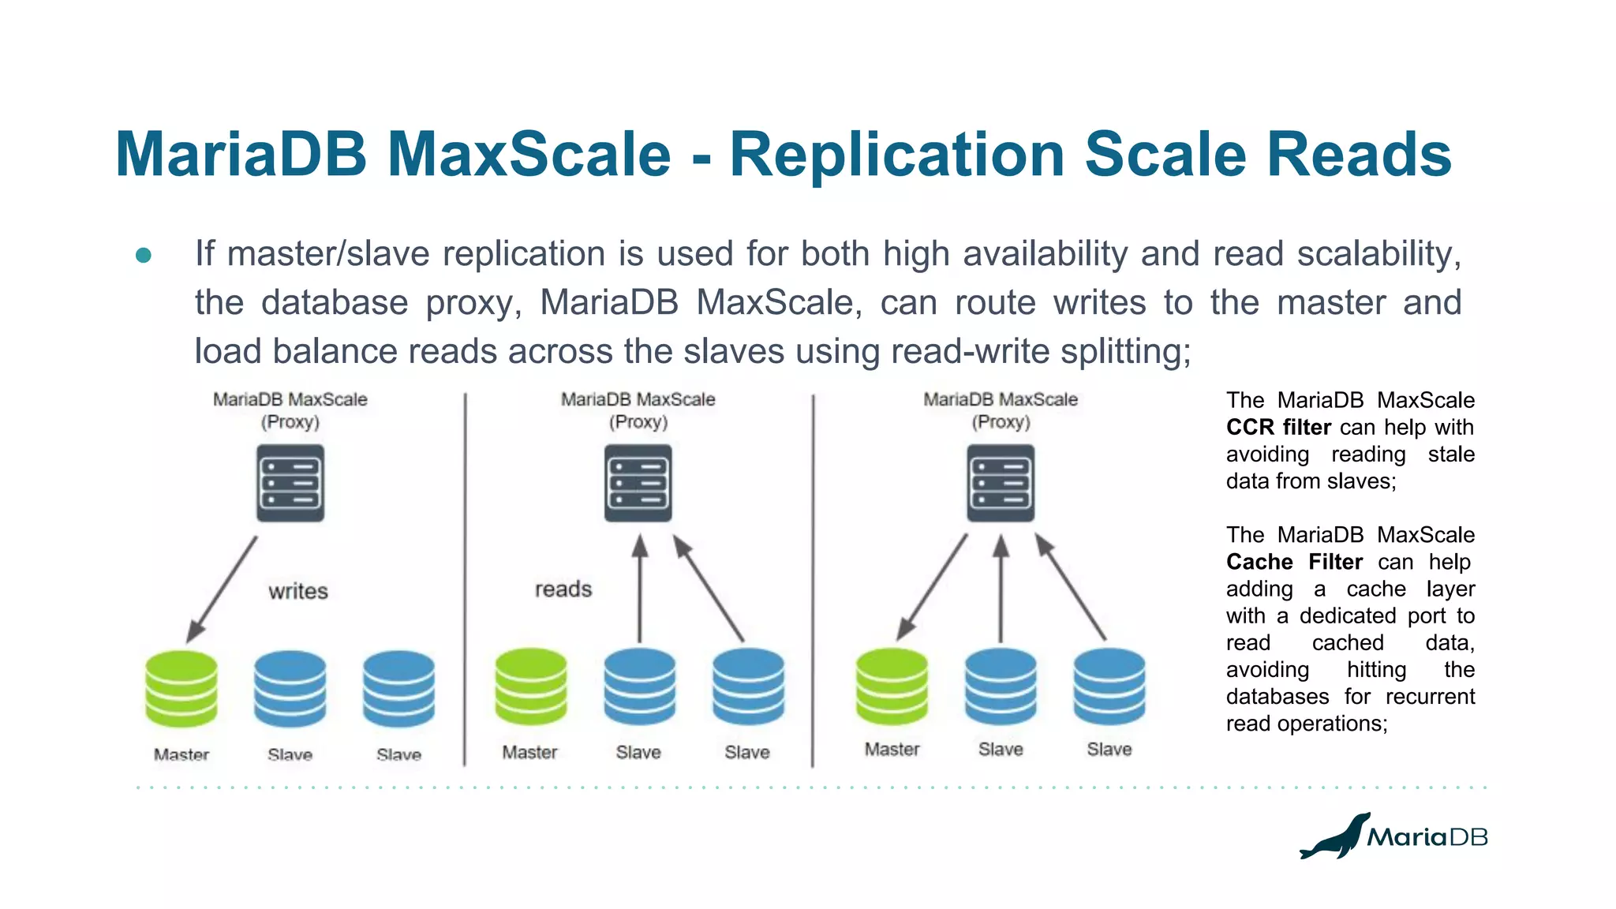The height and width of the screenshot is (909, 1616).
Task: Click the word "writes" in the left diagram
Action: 297,591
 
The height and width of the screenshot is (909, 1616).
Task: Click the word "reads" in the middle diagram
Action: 563,589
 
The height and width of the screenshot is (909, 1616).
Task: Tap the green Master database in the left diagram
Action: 181,688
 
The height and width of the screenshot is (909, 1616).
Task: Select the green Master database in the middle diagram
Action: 530,686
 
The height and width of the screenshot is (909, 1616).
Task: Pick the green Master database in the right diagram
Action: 892,686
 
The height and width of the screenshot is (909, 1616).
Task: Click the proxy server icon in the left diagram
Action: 290,483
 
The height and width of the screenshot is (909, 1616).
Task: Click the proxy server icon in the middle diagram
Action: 638,483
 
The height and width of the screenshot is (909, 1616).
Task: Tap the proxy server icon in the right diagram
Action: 1001,483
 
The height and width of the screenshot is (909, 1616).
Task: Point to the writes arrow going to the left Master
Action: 223,589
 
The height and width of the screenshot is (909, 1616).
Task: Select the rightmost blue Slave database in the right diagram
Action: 1109,686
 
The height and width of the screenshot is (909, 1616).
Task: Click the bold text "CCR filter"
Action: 1278,428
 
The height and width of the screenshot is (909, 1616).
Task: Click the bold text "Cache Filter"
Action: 1294,562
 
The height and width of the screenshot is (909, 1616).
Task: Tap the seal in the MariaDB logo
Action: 1335,838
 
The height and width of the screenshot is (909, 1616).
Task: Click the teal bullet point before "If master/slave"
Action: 144,255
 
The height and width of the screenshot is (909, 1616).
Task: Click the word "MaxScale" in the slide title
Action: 529,154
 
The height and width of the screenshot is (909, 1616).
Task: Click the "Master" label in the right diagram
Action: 892,749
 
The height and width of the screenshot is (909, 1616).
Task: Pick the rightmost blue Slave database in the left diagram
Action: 398,688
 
